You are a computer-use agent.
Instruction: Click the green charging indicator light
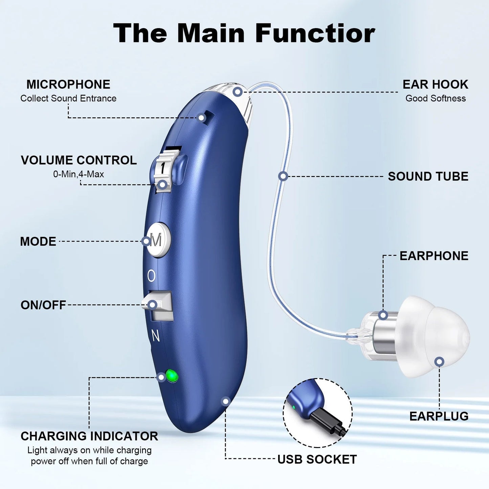[172, 376]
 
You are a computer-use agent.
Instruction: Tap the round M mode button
[158, 240]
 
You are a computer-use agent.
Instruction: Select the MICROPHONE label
[68, 84]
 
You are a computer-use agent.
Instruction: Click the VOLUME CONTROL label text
[79, 160]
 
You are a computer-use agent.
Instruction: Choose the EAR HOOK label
[435, 84]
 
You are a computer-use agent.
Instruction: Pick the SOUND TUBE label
[428, 176]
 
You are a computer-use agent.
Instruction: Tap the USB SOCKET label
[317, 459]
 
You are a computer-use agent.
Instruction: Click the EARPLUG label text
[439, 416]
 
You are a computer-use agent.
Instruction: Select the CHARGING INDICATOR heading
[89, 436]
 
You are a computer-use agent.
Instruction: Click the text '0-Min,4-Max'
[79, 174]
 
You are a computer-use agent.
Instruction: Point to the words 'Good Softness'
[436, 98]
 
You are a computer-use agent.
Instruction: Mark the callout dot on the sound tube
[283, 176]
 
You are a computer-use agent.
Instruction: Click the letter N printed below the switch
[155, 336]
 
